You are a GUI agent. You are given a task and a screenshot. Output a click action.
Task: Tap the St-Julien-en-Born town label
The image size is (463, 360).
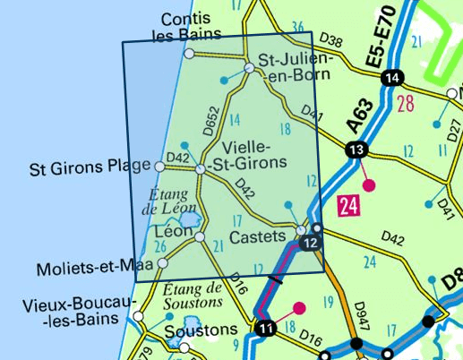pyautogui.click(x=296, y=68)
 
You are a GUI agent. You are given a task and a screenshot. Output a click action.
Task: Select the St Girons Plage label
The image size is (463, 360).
pyautogui.click(x=90, y=167)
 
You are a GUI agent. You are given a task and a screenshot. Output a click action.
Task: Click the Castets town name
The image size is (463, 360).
pyautogui.click(x=257, y=237)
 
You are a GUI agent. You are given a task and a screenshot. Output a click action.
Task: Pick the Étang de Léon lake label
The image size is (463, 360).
pyautogui.click(x=169, y=202)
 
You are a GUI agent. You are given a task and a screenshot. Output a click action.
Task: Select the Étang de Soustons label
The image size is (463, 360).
pyautogui.click(x=193, y=296)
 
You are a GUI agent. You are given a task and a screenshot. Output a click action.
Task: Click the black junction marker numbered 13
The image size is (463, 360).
pyautogui.click(x=357, y=150)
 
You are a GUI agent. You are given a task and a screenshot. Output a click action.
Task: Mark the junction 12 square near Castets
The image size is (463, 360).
pyautogui.click(x=312, y=244)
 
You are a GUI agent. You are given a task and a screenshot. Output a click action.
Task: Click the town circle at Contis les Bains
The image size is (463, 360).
pyautogui.click(x=188, y=54)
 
